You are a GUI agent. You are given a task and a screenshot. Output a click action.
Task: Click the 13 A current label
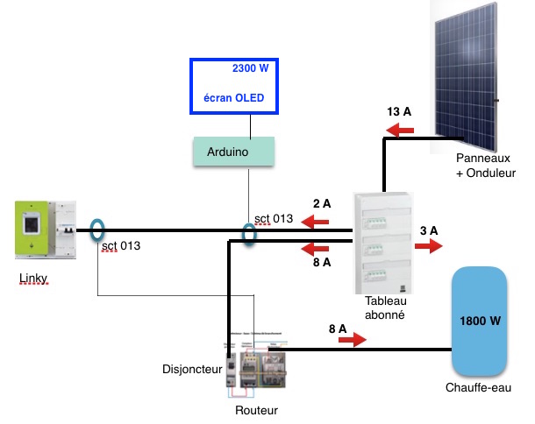click(400, 111)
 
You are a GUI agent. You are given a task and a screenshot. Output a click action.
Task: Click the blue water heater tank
click(480, 322)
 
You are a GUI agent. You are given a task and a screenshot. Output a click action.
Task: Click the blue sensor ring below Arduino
click(249, 234)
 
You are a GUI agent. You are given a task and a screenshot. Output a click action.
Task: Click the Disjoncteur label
click(192, 369)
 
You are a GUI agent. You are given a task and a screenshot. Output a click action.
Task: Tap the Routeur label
click(255, 409)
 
